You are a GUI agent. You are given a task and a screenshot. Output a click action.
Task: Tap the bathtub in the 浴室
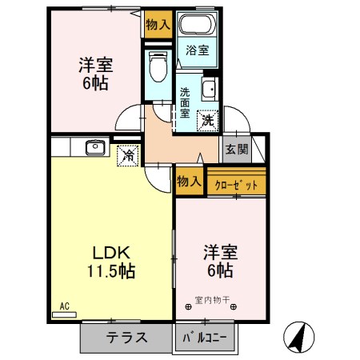198,24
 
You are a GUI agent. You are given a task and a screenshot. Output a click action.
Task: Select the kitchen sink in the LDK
95,147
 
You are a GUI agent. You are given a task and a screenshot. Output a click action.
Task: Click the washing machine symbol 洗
207,121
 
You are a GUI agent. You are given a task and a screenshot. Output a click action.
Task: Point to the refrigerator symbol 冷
127,155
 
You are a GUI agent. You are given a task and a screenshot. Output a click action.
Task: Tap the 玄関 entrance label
236,148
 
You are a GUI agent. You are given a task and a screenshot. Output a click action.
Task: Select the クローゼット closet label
238,185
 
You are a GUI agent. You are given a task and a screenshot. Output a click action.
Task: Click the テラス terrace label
126,338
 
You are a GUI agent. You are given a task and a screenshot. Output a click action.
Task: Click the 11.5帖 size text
110,271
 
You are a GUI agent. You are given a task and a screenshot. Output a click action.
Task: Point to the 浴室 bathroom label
198,50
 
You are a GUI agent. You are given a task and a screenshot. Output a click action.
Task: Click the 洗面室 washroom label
185,102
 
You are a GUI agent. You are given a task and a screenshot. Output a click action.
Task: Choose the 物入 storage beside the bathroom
158,24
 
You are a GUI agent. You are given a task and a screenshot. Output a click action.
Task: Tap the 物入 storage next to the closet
189,181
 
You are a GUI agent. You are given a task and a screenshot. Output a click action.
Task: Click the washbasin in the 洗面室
210,88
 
